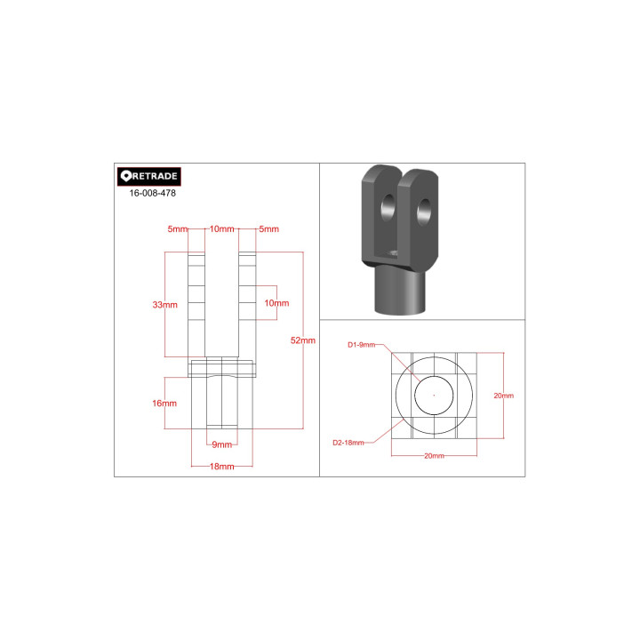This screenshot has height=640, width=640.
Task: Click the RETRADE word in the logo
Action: tap(155, 176)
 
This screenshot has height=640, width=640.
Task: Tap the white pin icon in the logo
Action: tap(125, 176)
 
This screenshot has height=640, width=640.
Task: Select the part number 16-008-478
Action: tap(152, 193)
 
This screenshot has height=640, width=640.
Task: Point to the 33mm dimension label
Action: tap(165, 305)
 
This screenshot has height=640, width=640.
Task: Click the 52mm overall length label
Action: tap(303, 340)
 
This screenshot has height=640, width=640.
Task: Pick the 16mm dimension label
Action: tap(164, 404)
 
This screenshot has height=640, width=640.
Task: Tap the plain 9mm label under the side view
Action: tap(222, 444)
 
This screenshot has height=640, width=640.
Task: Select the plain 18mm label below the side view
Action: tap(222, 466)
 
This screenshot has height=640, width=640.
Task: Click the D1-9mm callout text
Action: tap(361, 345)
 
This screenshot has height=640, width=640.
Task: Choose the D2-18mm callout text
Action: tap(348, 443)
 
